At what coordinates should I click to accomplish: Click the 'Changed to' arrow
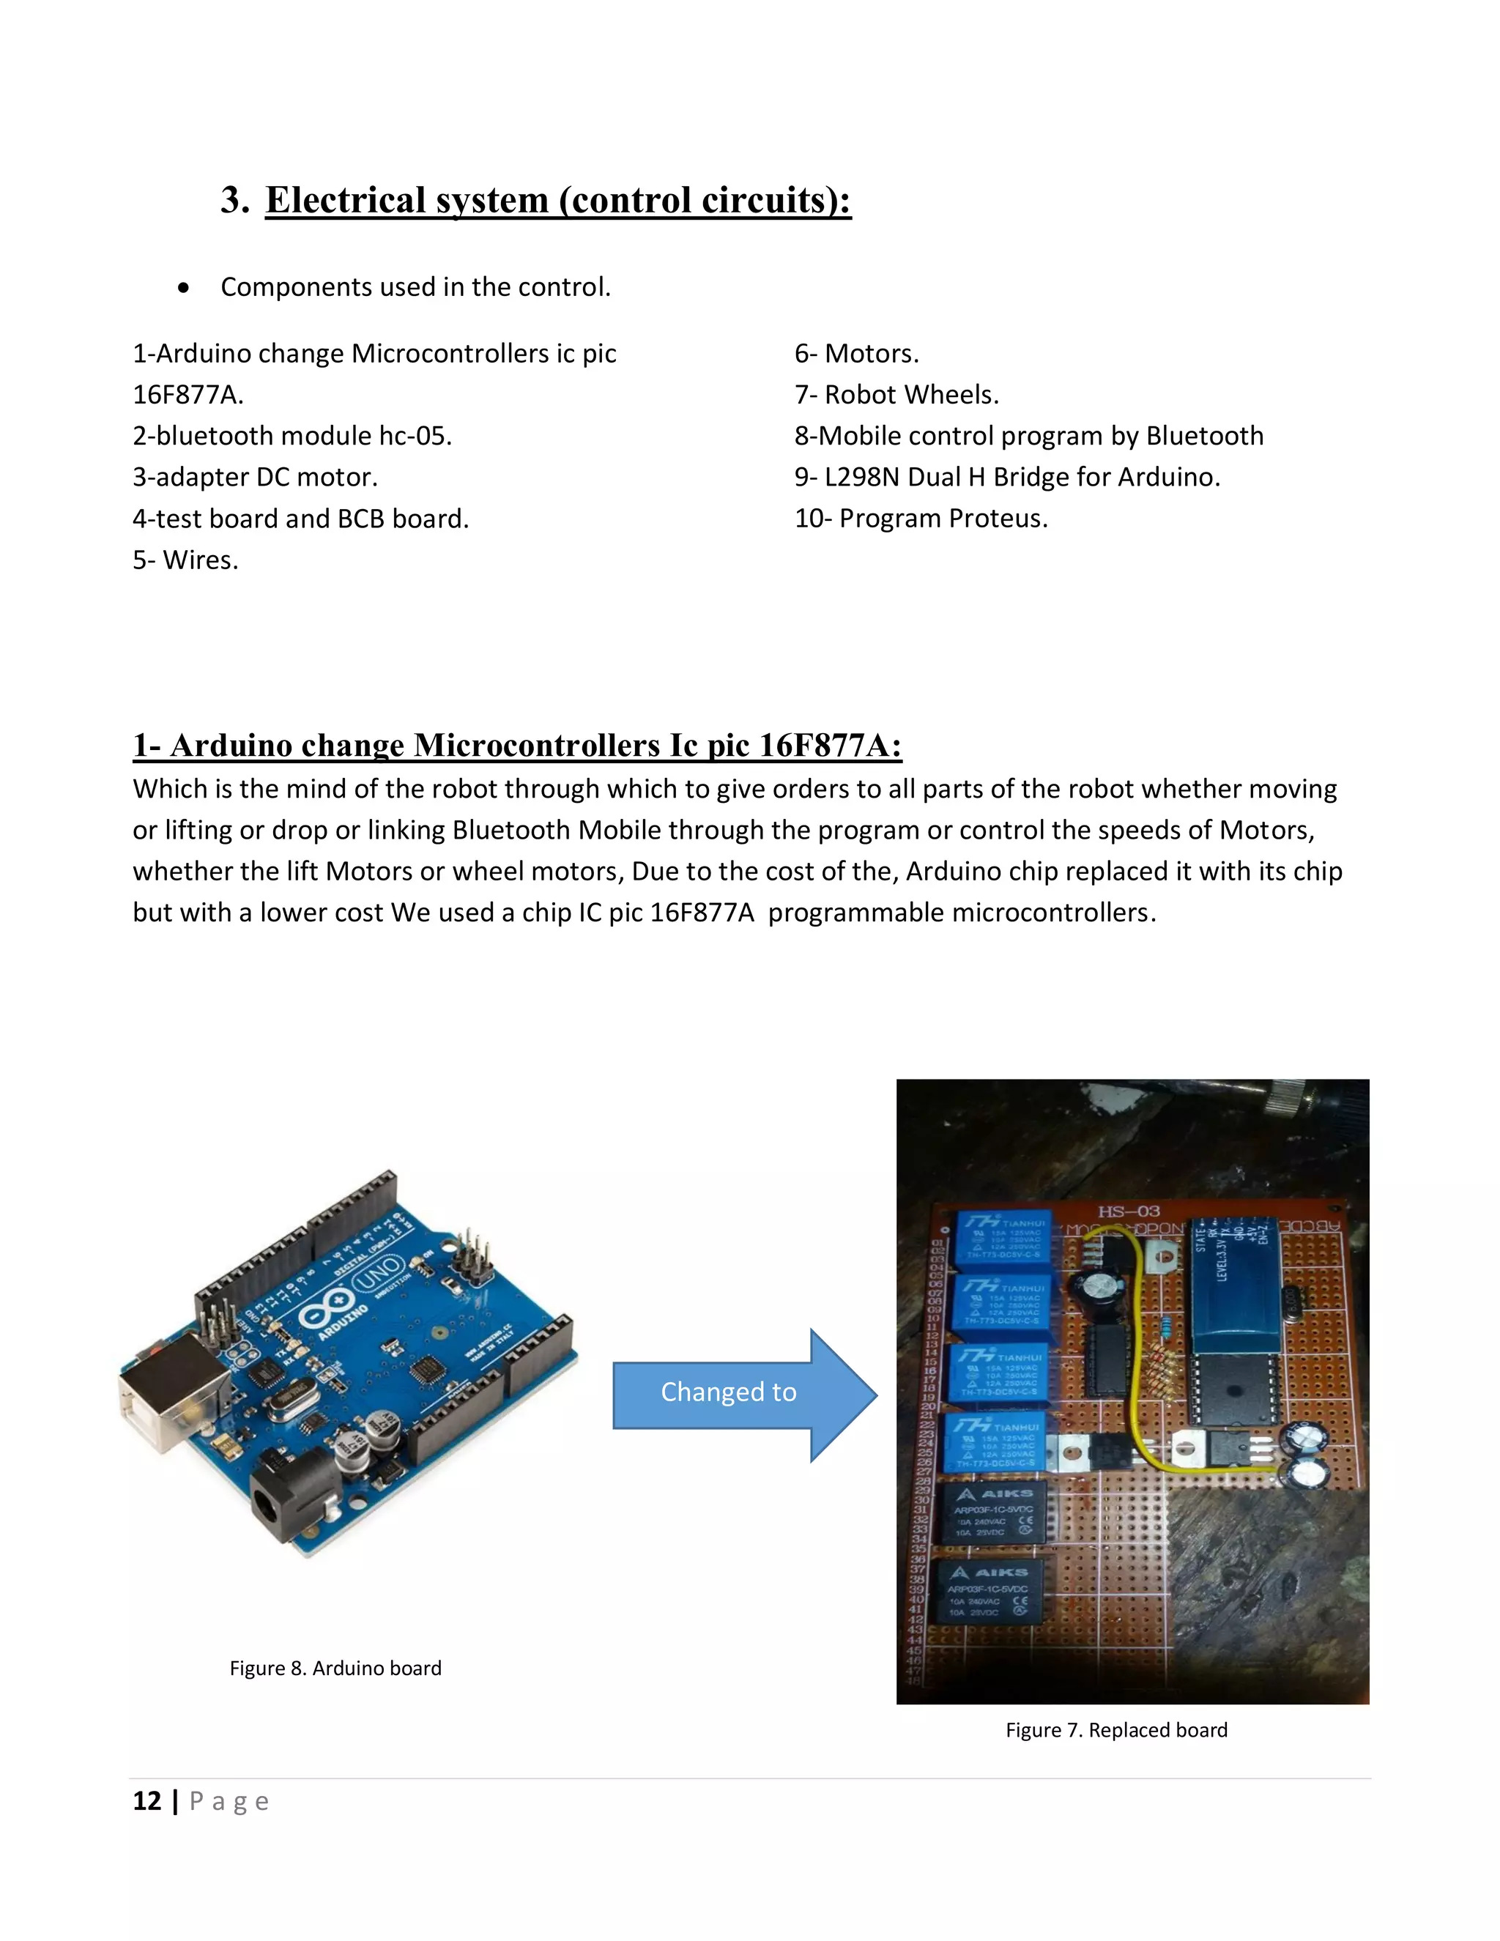[729, 1392]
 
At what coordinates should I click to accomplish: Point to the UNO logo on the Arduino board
[378, 1277]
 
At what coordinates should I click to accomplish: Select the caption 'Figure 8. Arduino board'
[335, 1668]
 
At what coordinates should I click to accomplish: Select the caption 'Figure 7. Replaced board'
[1116, 1729]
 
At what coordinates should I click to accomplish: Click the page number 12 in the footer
[146, 1802]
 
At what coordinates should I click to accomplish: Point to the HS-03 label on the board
[1129, 1211]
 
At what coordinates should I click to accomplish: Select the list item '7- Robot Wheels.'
[896, 395]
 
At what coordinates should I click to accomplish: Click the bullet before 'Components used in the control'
[183, 288]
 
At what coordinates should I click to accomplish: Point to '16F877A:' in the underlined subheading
[830, 745]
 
